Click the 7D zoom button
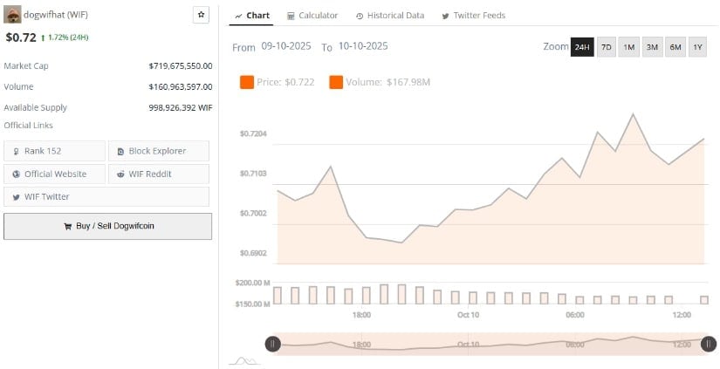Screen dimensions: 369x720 (x=606, y=47)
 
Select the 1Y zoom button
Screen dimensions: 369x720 (x=697, y=47)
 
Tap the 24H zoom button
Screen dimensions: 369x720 (x=582, y=47)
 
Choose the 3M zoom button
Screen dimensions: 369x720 (x=652, y=47)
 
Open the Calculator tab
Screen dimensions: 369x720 (x=312, y=16)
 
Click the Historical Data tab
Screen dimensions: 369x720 (x=390, y=16)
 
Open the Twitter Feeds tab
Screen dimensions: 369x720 (x=473, y=16)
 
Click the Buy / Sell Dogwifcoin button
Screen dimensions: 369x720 (x=107, y=226)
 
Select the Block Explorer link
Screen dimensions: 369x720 (x=158, y=151)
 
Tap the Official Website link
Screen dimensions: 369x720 (x=54, y=174)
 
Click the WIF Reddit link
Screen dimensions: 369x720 (x=158, y=174)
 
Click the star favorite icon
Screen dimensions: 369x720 (x=201, y=15)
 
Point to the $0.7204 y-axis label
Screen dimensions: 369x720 (x=252, y=133)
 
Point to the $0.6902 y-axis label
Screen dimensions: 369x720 (x=252, y=253)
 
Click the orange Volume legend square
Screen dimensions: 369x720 (x=336, y=82)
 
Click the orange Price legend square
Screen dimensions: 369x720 (x=246, y=82)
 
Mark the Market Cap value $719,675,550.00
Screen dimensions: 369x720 (x=181, y=65)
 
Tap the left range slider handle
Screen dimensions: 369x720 (x=272, y=345)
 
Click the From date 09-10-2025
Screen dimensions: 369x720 (x=286, y=46)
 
